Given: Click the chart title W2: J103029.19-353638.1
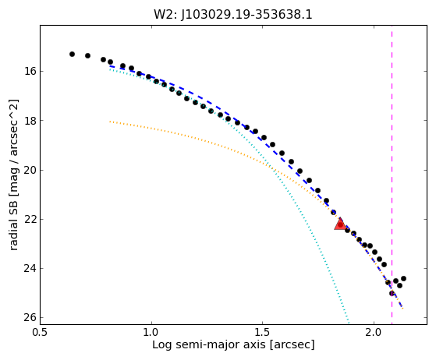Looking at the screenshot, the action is (x=233, y=15).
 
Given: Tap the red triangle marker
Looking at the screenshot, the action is (x=340, y=224).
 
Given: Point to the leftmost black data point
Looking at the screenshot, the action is (x=72, y=55).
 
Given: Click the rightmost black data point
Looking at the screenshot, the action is (x=403, y=278).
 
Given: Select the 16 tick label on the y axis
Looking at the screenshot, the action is (x=30, y=72).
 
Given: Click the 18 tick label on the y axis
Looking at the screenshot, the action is (x=30, y=121).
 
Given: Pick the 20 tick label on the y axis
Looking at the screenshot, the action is (x=30, y=170).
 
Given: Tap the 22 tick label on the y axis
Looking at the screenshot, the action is (x=30, y=219).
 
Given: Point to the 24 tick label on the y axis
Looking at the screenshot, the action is (x=30, y=268).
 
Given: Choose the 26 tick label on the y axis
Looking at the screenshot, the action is (x=30, y=317).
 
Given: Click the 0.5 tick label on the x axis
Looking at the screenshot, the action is (x=41, y=332).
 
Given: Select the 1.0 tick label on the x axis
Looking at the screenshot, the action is (x=151, y=332).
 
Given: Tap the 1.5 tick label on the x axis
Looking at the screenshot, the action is (x=263, y=332).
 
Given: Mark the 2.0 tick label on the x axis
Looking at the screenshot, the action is (x=374, y=332).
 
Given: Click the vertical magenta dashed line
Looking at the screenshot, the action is (x=392, y=175).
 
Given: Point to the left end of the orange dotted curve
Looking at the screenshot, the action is (x=110, y=122).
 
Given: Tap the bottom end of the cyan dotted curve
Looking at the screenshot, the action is (x=349, y=323).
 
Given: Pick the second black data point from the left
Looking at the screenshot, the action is (x=87, y=55).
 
